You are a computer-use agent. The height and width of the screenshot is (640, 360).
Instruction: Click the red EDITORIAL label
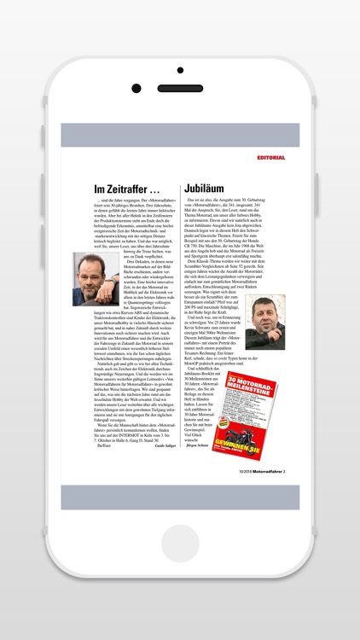tap(271, 158)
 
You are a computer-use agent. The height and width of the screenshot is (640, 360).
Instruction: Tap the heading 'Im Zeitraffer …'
tap(127, 189)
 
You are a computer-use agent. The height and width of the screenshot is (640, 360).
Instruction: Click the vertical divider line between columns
tap(180, 324)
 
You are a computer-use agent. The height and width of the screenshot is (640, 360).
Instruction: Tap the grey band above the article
tap(180, 135)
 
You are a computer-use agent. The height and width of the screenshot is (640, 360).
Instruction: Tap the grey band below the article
tap(180, 497)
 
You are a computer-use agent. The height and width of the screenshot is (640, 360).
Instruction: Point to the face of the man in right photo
tap(264, 317)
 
